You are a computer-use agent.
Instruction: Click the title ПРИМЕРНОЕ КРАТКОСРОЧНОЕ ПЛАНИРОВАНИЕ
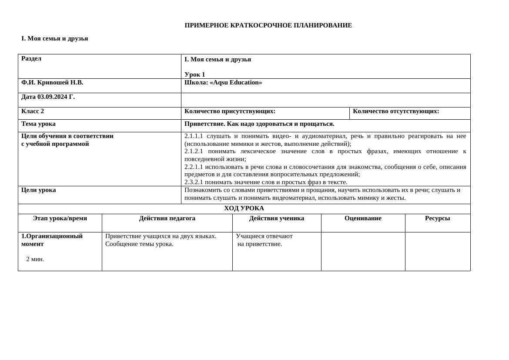point(268,25)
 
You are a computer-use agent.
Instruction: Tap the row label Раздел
point(31,58)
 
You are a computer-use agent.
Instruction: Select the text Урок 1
point(194,74)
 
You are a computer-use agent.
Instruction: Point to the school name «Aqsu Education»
point(236,82)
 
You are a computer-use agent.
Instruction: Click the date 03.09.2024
point(51,97)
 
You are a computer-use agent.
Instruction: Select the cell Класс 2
point(33,111)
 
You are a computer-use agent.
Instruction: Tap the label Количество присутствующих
point(230,111)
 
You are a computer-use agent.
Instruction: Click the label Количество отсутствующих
point(395,111)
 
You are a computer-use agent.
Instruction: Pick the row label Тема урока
point(38,124)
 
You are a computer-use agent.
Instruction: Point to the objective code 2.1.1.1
point(194,136)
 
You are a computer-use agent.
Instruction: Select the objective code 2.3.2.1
point(194,182)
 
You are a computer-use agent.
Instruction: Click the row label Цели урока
point(38,190)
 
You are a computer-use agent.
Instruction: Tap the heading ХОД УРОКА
point(244,208)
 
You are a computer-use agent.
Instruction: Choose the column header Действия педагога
point(167,218)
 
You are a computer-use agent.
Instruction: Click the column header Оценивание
point(363,218)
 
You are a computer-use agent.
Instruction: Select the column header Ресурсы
point(437,218)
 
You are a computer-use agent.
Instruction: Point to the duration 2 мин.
point(35,259)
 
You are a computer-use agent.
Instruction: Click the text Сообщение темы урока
point(139,244)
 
